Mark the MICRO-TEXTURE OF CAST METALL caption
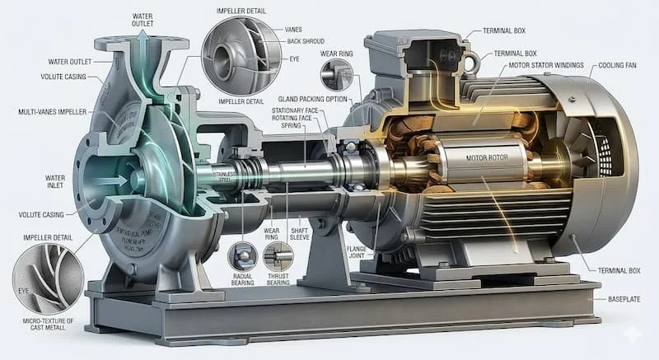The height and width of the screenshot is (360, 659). point(49,324)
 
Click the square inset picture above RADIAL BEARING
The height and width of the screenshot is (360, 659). point(242,255)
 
